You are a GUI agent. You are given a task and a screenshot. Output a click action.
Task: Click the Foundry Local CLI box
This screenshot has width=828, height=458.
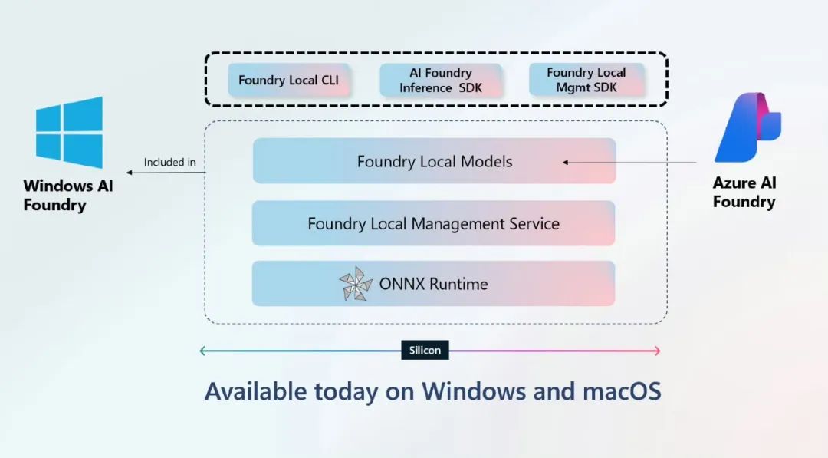click(289, 81)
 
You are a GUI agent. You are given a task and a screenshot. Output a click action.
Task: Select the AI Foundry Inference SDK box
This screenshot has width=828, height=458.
click(440, 81)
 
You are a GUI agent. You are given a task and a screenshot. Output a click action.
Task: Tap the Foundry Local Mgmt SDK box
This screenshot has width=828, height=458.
click(586, 80)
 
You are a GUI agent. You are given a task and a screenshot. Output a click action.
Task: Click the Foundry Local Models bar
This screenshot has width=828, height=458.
click(434, 161)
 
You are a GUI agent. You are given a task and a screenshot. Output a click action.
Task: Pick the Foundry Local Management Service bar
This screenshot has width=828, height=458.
click(433, 223)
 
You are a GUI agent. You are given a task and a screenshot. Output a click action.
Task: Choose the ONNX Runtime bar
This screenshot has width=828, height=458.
click(433, 284)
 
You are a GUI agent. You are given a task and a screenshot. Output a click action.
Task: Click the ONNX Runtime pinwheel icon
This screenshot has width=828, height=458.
click(356, 284)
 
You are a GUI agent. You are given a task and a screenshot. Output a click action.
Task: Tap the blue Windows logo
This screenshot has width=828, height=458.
click(69, 132)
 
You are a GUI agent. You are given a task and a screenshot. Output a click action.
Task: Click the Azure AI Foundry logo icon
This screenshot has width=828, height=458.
click(747, 127)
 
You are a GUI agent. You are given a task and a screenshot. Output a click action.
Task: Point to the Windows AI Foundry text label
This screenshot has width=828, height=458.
click(68, 195)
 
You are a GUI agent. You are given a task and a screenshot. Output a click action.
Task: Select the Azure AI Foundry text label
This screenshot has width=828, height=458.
click(744, 193)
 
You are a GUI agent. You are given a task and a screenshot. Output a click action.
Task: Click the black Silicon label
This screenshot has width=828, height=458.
click(425, 350)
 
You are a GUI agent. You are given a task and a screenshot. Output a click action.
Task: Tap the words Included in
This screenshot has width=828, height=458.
click(169, 162)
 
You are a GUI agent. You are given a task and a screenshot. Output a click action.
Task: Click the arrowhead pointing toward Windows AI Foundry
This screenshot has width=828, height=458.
click(129, 172)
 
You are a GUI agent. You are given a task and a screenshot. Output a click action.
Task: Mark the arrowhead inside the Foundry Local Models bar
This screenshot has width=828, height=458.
click(566, 162)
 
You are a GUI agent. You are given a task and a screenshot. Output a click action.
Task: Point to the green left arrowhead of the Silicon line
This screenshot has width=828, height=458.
click(202, 351)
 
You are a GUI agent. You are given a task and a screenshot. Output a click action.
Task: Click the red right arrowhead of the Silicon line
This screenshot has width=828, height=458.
click(658, 351)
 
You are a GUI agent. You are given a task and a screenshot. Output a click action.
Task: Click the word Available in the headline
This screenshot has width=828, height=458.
click(255, 391)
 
